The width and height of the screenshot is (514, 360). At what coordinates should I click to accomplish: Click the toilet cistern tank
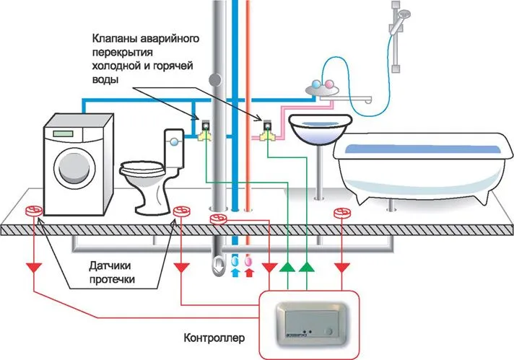(175, 144)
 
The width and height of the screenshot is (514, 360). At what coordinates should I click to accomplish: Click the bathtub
(419, 162)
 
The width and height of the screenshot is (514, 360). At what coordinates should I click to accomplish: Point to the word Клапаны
(115, 37)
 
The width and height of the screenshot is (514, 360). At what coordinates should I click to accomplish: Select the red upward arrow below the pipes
(250, 273)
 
